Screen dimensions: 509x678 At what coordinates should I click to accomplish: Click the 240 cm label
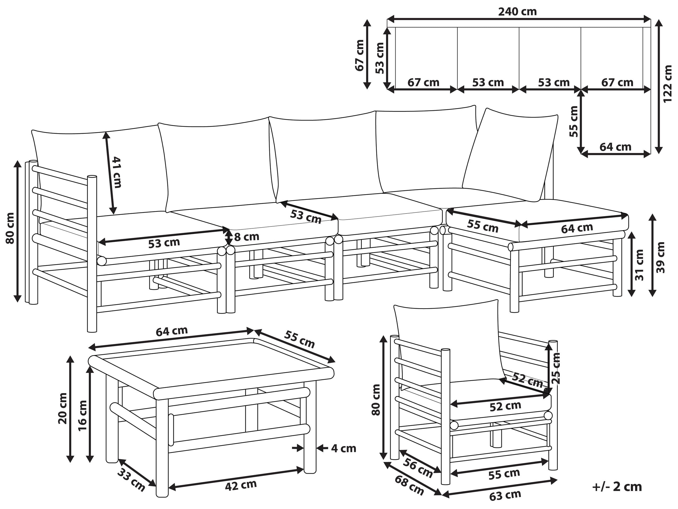[517, 12]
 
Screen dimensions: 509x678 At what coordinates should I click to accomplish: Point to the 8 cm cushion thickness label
[247, 237]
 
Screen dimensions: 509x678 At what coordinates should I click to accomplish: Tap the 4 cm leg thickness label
[344, 449]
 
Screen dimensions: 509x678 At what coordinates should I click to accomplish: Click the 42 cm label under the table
[241, 485]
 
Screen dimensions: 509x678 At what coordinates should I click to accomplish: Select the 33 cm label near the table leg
[131, 480]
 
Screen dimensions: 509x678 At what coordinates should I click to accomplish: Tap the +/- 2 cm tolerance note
[617, 487]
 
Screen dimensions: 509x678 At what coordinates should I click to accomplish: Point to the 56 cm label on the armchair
[418, 468]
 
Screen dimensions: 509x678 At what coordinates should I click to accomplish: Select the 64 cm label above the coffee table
[172, 331]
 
